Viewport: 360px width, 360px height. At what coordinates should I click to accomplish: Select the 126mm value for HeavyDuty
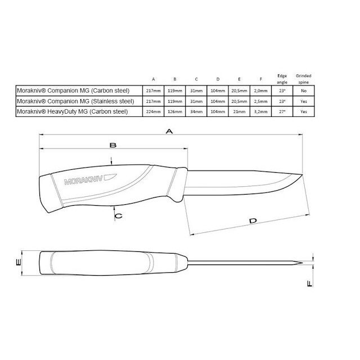click(x=176, y=112)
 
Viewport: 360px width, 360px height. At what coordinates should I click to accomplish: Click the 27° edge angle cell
click(x=283, y=112)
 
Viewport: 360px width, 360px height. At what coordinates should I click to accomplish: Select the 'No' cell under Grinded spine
click(x=304, y=91)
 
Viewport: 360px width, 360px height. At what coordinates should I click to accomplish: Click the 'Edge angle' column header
click(x=283, y=78)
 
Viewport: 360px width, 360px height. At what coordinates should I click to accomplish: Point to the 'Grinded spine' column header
click(x=304, y=78)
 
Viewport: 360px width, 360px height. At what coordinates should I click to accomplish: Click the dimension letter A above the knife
click(x=169, y=130)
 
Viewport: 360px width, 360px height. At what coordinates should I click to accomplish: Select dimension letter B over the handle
click(x=112, y=145)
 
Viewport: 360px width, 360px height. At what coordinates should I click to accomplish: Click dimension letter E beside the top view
click(x=19, y=263)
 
